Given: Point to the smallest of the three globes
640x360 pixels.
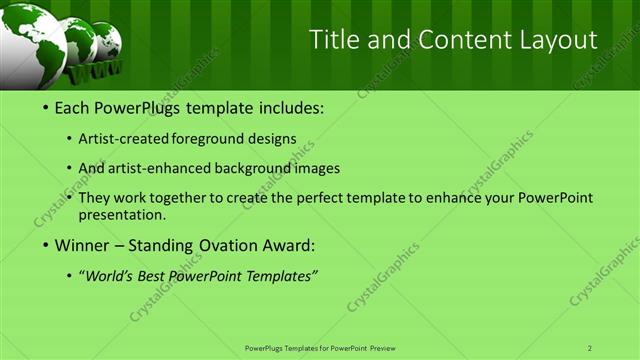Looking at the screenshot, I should coord(106,41).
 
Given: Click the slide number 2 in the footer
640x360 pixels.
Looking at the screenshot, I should coord(590,347).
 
